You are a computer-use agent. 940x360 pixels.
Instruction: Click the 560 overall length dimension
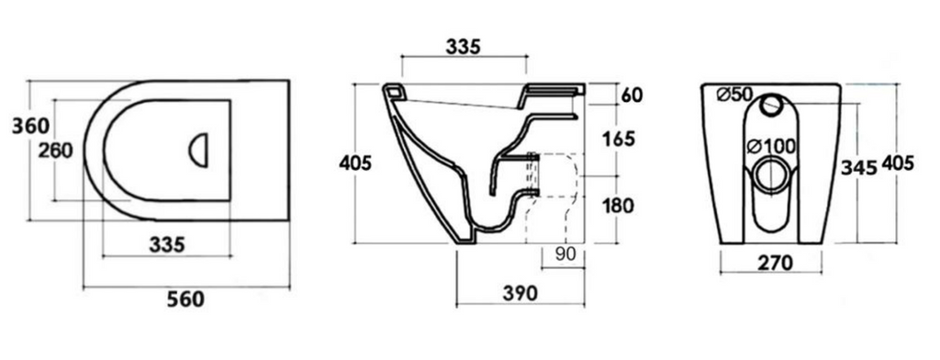185,298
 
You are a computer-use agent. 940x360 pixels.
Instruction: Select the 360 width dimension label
30,126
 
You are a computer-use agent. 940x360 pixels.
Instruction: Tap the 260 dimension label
56,151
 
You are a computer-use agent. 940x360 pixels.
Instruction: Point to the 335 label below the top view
167,245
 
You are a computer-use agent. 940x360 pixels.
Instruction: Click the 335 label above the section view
464,47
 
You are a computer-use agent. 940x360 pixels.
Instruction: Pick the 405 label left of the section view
355,163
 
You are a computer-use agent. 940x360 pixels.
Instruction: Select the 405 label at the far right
898,163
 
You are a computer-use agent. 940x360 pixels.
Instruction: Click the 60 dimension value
632,95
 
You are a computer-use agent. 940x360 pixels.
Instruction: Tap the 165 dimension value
618,139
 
